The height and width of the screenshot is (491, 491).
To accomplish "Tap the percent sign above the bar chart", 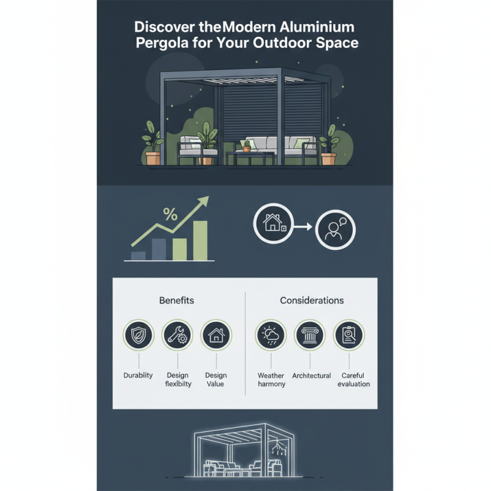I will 169,215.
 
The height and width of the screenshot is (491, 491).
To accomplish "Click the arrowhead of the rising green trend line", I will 204,201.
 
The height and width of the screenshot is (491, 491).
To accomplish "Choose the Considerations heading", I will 312,301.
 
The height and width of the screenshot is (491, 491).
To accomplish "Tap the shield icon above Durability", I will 138,336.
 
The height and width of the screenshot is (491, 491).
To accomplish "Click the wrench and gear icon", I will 177,336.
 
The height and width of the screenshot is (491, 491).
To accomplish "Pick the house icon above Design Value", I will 215,336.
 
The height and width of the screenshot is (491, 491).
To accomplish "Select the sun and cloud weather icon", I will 271,336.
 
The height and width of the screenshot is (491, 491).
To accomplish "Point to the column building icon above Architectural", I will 310,336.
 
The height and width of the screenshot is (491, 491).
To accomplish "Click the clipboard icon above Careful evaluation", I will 349,336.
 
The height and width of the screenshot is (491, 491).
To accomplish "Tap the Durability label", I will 138,375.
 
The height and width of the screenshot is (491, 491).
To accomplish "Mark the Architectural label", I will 311,375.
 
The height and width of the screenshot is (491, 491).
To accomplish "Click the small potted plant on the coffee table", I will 247,146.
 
